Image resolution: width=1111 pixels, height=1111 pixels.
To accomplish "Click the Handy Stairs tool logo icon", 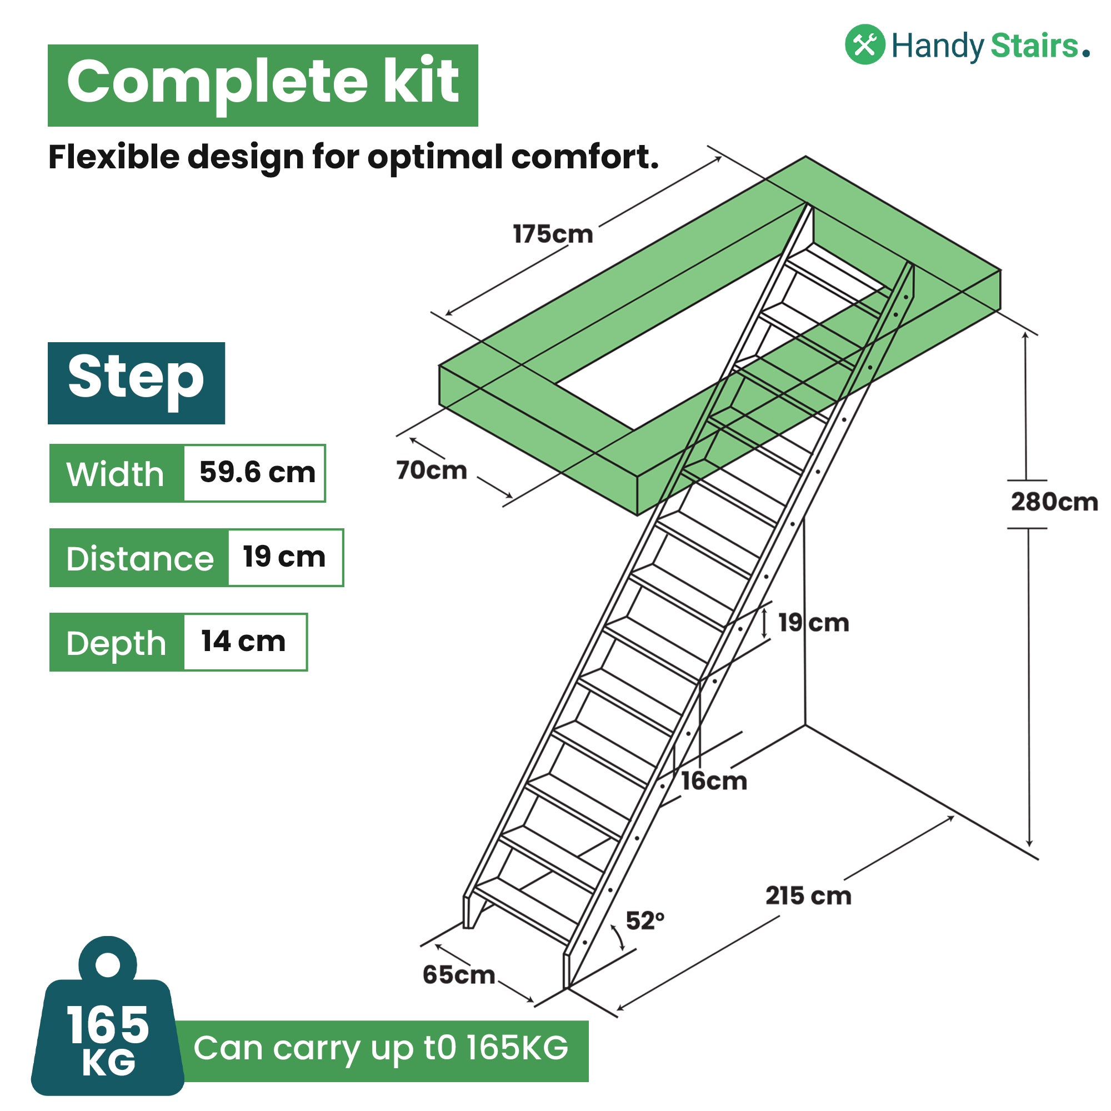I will click(864, 45).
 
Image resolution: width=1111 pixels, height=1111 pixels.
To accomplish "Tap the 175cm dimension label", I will click(553, 234).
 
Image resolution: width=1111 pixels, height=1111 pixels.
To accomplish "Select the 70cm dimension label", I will click(431, 471).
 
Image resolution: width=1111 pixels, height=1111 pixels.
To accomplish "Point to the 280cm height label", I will click(1054, 502).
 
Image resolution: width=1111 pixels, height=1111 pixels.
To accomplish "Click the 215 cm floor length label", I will click(808, 895).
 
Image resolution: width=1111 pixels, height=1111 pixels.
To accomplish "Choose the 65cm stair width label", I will click(458, 974).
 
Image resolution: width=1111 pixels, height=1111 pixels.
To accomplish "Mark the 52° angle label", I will click(644, 920).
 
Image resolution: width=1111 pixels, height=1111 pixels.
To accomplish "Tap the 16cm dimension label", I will click(714, 781).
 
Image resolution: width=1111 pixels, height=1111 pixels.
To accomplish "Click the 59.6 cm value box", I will click(257, 473).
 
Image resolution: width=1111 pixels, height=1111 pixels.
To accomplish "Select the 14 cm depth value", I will click(243, 641).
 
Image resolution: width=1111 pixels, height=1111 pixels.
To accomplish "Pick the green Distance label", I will click(140, 558).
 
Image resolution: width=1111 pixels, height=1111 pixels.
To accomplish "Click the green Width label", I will click(116, 474).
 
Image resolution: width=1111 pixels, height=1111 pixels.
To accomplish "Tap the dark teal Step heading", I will click(136, 382).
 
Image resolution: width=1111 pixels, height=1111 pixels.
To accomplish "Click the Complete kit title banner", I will click(263, 84).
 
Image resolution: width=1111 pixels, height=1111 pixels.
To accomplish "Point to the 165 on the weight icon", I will click(108, 1025).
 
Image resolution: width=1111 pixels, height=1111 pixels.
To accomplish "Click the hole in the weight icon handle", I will click(108, 964).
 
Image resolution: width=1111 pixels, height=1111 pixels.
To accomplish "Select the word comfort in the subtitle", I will click(584, 157).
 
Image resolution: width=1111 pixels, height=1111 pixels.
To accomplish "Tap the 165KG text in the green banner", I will click(517, 1048).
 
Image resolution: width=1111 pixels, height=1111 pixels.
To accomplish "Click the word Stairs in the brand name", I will click(1034, 46).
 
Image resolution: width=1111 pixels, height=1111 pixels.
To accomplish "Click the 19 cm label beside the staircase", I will click(813, 623).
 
